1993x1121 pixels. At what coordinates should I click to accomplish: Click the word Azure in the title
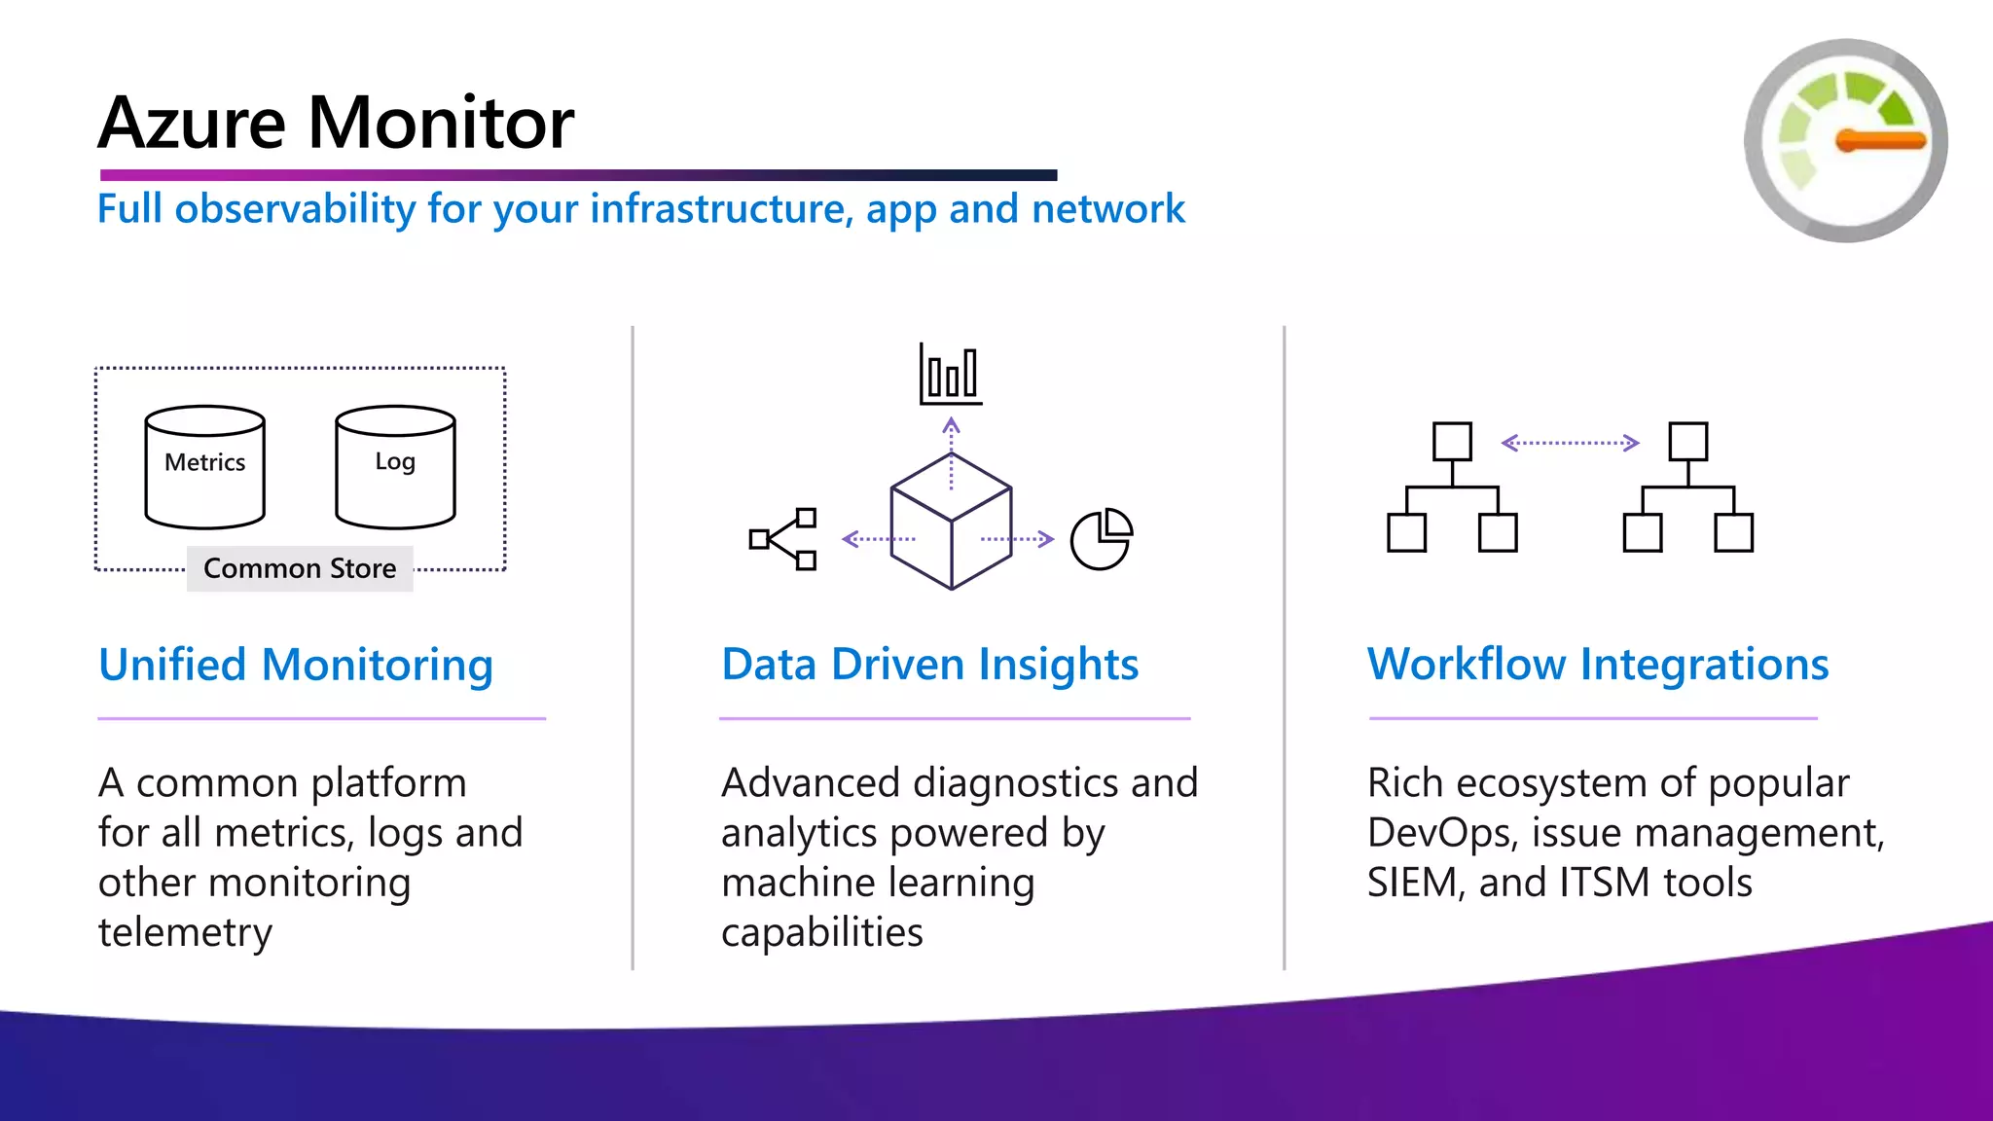pos(192,124)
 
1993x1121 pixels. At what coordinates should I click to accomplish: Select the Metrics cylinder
pos(204,467)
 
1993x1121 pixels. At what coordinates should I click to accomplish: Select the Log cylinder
pos(395,467)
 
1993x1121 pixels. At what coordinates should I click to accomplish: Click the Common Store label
pos(300,568)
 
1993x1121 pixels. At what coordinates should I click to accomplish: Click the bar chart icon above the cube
pos(950,375)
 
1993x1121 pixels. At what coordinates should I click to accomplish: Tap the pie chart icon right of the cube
pos(1101,539)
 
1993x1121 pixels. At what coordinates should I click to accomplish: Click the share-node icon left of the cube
pos(782,539)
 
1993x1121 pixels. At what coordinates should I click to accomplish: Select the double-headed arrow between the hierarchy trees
pos(1570,443)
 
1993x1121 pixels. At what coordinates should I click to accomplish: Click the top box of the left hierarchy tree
pos(1452,441)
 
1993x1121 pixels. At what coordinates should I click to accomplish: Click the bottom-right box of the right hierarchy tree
pos(1733,533)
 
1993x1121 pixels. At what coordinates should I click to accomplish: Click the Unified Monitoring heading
pos(296,666)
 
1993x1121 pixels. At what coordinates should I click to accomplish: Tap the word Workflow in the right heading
pos(1466,665)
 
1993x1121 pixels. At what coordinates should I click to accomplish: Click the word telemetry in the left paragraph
pos(185,932)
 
